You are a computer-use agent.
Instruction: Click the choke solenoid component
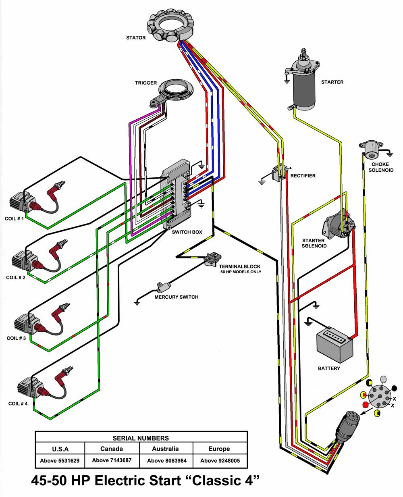(x=370, y=150)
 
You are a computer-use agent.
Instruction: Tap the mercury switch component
(x=164, y=287)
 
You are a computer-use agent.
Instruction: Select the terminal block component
(x=212, y=259)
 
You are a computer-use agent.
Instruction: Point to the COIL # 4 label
(x=18, y=403)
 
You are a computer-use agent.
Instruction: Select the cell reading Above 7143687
(x=112, y=460)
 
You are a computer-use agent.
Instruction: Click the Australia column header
(x=166, y=449)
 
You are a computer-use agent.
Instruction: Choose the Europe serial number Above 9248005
(x=220, y=460)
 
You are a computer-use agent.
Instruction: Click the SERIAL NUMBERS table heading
(x=141, y=438)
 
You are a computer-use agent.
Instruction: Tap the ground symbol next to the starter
(x=287, y=81)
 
